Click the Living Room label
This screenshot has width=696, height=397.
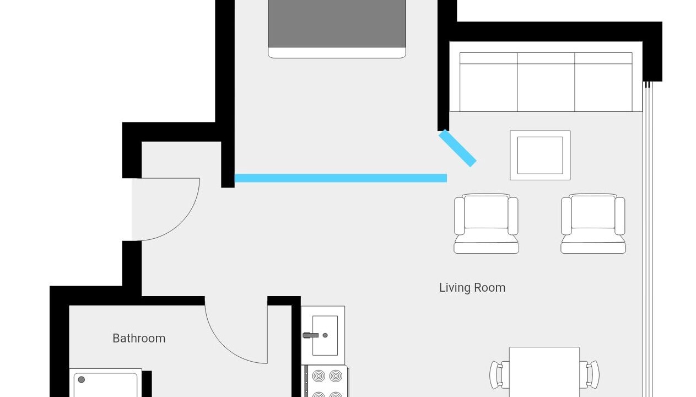(x=472, y=288)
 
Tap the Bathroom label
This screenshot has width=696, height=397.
(x=139, y=338)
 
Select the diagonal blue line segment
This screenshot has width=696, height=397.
(x=457, y=148)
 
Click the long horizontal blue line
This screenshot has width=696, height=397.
(x=341, y=178)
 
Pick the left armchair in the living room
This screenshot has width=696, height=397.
(x=486, y=223)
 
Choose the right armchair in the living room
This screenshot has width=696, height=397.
(x=593, y=223)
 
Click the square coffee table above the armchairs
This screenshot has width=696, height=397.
(x=540, y=155)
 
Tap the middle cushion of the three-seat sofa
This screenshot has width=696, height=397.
(x=546, y=82)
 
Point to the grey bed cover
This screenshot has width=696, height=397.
(x=337, y=24)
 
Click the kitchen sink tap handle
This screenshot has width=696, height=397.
(x=310, y=335)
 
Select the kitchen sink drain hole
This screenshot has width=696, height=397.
(x=325, y=335)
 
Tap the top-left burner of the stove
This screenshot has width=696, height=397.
(x=319, y=376)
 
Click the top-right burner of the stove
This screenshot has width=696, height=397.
(x=336, y=376)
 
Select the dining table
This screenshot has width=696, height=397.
(x=544, y=372)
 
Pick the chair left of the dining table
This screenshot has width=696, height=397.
(x=499, y=374)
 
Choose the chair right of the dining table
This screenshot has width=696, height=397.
(x=590, y=374)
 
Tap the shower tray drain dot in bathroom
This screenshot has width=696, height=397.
(x=82, y=379)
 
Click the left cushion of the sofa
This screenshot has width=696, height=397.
(x=488, y=82)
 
